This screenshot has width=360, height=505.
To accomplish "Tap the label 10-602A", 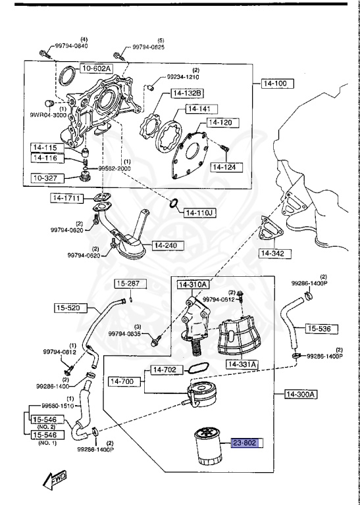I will point(97,68).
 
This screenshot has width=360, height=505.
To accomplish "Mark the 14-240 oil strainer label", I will point(167,245).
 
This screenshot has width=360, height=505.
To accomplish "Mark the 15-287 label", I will point(129,284).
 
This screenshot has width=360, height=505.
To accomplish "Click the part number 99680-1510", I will point(59,406).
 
